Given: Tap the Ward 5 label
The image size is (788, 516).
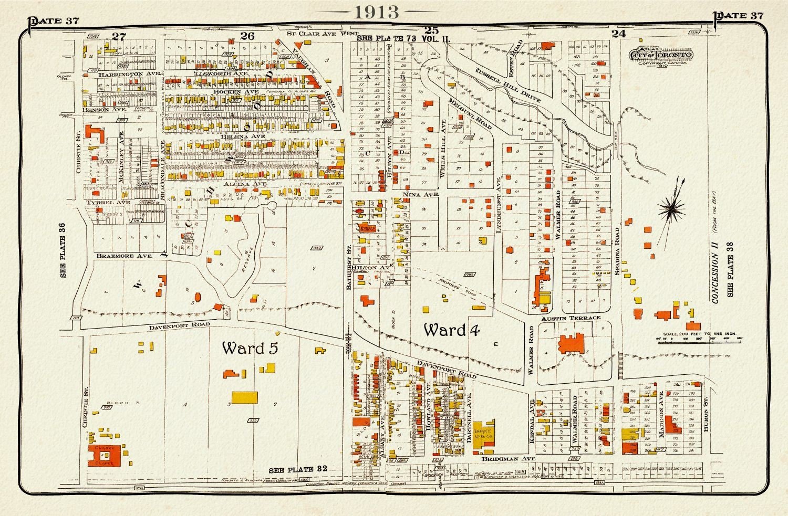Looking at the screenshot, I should pos(250,348).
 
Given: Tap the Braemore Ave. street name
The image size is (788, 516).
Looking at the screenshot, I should pos(124,256).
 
